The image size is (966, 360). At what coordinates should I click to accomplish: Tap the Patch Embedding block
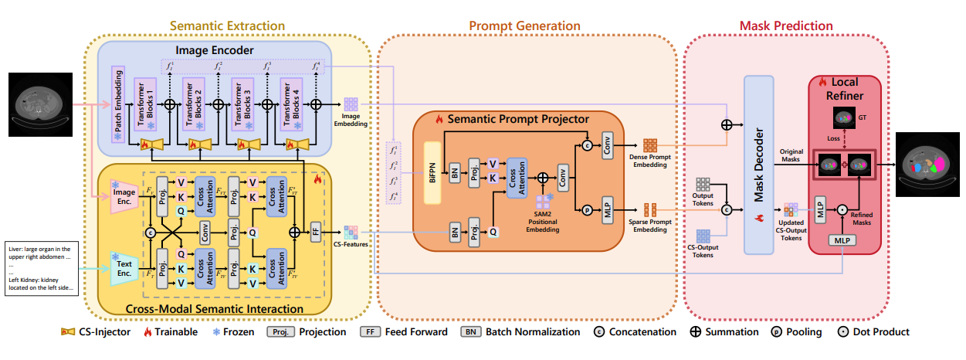pyautogui.click(x=118, y=104)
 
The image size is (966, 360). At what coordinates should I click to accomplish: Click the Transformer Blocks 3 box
pyautogui.click(x=243, y=104)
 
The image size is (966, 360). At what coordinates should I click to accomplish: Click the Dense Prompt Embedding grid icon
pyautogui.click(x=649, y=145)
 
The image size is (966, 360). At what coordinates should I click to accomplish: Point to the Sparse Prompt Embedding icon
pyautogui.click(x=649, y=209)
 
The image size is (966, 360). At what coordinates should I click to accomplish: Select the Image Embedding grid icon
pyautogui.click(x=351, y=104)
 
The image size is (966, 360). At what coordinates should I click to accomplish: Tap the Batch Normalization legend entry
pyautogui.click(x=520, y=332)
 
